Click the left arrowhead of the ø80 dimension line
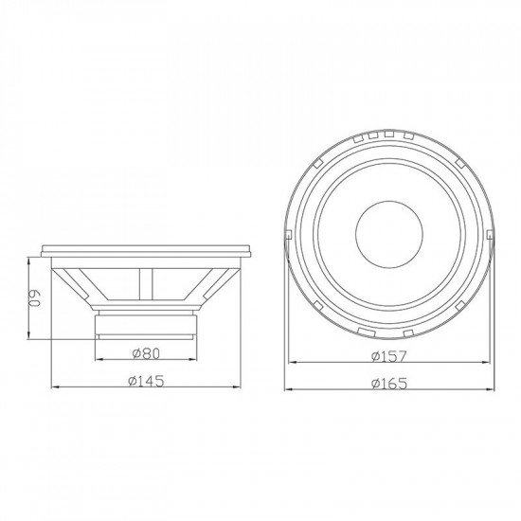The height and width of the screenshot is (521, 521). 97,363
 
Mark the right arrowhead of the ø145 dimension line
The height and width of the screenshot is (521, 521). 251,387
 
